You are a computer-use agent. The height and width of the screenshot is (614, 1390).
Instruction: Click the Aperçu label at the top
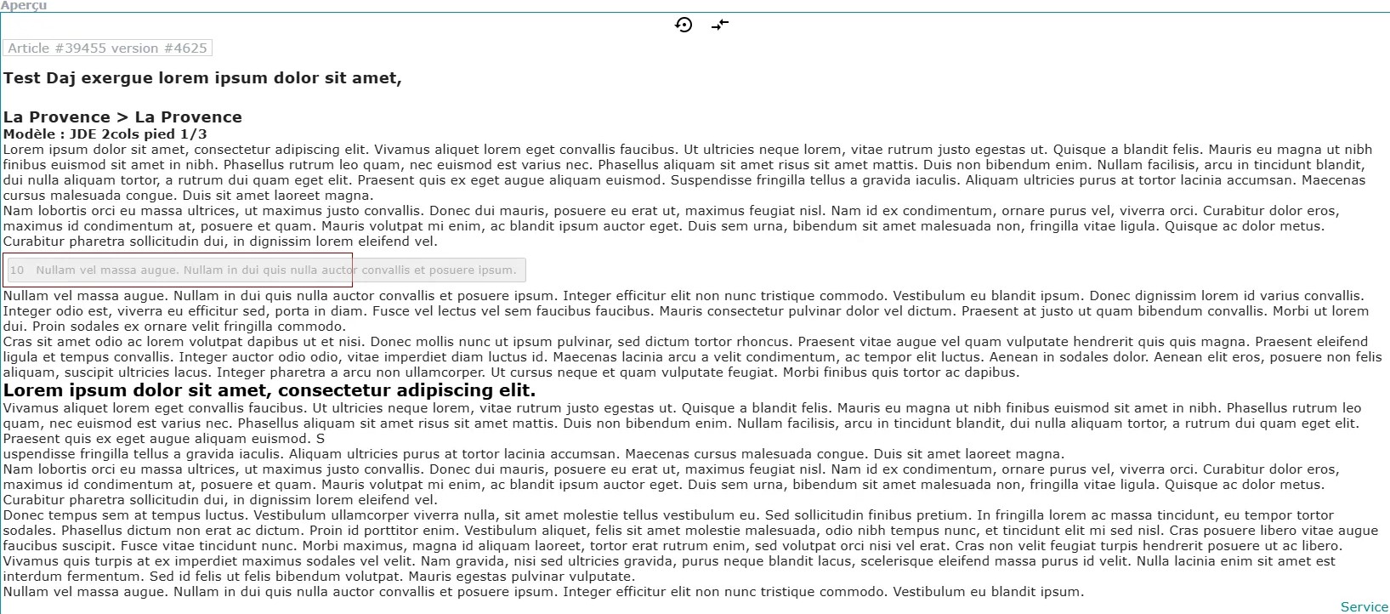click(x=24, y=6)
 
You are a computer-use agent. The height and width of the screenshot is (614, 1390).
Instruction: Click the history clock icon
click(x=684, y=25)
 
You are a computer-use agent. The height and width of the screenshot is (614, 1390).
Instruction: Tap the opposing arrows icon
click(x=720, y=25)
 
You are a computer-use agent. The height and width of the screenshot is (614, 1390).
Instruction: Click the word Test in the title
click(x=22, y=78)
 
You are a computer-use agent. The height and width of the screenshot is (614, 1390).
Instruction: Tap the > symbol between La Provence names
click(x=122, y=117)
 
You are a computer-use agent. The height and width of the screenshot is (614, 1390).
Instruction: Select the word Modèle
click(x=30, y=134)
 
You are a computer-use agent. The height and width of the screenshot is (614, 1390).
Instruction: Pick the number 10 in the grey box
click(x=17, y=270)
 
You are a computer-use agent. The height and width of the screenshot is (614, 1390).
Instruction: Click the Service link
click(x=1364, y=607)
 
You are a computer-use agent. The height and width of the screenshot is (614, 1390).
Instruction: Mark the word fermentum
click(x=108, y=577)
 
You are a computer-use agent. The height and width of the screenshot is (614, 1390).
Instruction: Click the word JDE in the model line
click(x=83, y=134)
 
